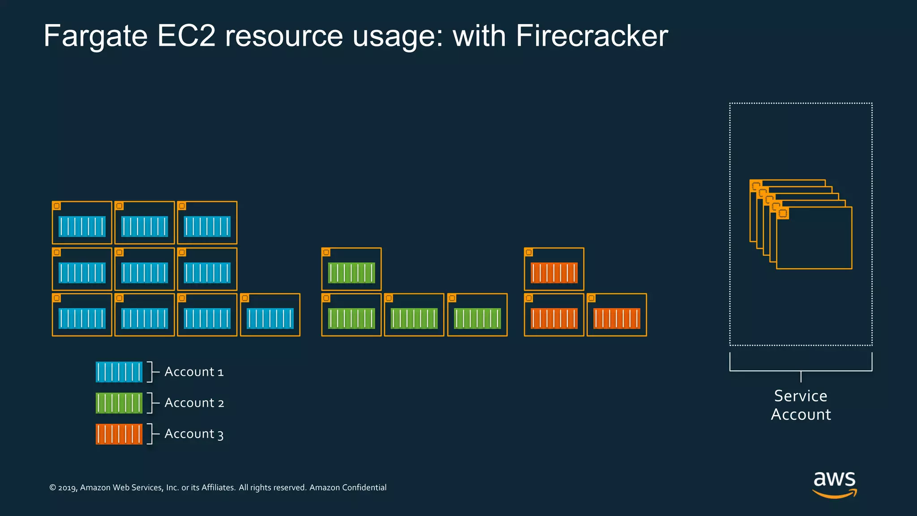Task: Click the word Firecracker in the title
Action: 591,36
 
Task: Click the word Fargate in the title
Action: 95,36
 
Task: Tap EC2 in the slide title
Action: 186,36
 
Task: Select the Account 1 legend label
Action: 194,372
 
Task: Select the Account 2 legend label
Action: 194,403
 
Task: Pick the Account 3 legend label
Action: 194,434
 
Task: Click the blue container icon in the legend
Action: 119,372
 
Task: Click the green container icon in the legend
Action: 119,403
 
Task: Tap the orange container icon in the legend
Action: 119,434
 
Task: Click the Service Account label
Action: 801,405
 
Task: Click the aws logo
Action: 834,484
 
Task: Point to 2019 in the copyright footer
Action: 67,488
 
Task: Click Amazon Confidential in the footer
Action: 348,487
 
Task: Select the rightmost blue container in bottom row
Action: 270,315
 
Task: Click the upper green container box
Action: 351,269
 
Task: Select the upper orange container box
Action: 554,269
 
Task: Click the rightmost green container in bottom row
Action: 477,315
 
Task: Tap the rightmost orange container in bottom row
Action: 617,315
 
